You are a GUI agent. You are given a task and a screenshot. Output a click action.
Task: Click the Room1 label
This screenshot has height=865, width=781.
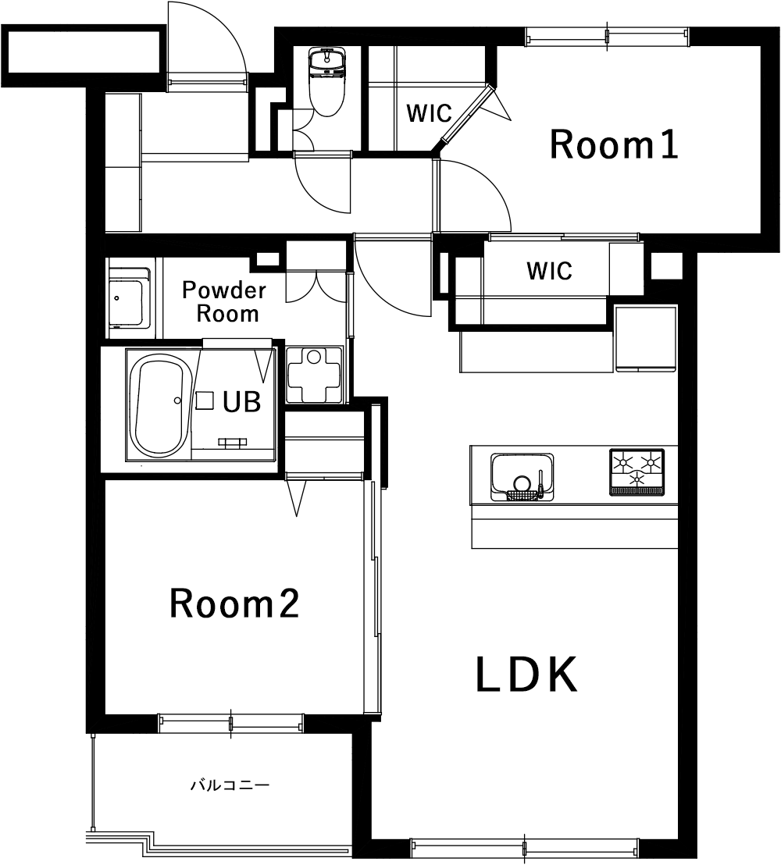[614, 144]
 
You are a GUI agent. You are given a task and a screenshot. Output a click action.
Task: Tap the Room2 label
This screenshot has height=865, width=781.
[234, 603]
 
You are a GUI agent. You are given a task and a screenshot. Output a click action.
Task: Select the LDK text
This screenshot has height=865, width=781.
[527, 675]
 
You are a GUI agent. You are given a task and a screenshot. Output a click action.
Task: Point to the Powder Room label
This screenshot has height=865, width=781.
[224, 302]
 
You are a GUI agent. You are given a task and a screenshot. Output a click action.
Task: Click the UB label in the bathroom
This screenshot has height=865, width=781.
[242, 401]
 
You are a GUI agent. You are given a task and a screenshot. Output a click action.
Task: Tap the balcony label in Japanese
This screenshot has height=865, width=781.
[230, 785]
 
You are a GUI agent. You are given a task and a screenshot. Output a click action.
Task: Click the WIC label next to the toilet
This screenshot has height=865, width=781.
[429, 113]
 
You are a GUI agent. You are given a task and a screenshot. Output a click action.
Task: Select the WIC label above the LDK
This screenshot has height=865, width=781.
[549, 271]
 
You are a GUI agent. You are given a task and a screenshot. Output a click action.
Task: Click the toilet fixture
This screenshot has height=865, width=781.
[326, 82]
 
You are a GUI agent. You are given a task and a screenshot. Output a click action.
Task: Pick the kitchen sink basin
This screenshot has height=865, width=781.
[522, 477]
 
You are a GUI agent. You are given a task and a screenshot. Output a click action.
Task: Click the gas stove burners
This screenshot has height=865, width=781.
[637, 472]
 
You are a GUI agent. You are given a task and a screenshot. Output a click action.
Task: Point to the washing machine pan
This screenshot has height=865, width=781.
[314, 376]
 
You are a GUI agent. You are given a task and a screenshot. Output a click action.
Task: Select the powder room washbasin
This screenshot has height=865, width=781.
[129, 298]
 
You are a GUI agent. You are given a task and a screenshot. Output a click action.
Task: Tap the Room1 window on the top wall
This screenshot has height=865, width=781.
[607, 37]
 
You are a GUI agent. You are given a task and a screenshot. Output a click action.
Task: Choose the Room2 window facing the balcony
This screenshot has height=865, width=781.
[230, 723]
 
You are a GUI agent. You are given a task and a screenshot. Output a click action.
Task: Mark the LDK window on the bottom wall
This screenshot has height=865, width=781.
[524, 847]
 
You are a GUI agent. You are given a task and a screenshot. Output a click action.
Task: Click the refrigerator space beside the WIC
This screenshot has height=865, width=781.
[645, 339]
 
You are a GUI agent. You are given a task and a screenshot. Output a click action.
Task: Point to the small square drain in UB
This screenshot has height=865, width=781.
[205, 400]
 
